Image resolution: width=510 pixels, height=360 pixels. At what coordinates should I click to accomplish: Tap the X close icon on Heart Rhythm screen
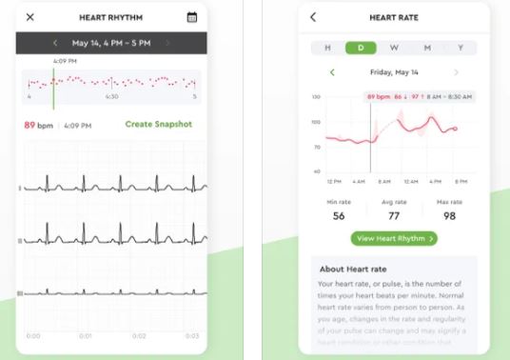pos(30,17)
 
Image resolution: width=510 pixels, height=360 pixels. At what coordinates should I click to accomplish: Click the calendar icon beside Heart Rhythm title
pos(192,17)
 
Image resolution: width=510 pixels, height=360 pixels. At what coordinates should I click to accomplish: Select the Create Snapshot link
pos(158,125)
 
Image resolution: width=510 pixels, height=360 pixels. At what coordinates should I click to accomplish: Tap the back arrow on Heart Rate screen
pos(313,17)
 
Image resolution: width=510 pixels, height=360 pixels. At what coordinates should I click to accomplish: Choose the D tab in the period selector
pos(361,46)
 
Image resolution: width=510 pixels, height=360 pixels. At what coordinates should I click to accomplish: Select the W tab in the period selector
pos(394,46)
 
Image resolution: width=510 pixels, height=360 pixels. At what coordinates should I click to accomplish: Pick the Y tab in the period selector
pos(461,46)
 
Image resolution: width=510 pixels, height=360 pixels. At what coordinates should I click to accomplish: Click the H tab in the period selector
pos(327,46)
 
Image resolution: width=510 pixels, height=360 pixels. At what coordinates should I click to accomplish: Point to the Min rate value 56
pos(339,216)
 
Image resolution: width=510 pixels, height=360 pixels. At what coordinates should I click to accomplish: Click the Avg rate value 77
pos(394,216)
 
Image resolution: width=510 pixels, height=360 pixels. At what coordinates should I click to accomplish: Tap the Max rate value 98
pos(448,216)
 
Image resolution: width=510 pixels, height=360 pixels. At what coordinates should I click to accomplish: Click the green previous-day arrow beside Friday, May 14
pos(331,71)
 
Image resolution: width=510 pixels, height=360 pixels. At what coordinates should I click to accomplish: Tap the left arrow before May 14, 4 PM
pos(55,43)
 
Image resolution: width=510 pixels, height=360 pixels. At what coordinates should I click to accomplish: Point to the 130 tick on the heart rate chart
pos(316,97)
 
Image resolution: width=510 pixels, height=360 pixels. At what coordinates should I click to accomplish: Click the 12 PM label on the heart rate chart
pos(333,181)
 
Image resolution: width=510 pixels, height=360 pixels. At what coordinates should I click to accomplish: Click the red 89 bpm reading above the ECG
pos(36,125)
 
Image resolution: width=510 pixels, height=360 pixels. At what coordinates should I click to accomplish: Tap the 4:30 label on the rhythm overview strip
pos(111,96)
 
